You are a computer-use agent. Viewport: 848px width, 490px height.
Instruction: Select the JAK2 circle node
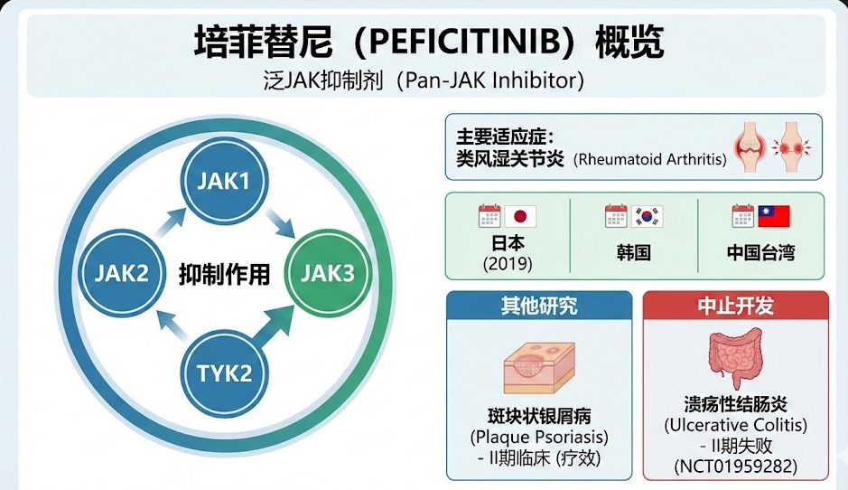[121, 272]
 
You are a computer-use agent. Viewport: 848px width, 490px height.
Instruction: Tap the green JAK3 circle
[327, 272]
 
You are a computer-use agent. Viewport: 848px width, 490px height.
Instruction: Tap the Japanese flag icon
[521, 217]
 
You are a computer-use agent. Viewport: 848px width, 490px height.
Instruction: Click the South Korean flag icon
[648, 217]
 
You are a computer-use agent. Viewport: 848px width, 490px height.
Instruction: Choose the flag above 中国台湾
[774, 217]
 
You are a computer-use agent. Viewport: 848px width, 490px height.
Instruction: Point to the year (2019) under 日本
[508, 265]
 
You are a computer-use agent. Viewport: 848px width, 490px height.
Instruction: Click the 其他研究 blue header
[539, 306]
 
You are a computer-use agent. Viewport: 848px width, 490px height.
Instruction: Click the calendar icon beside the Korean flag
[617, 215]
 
